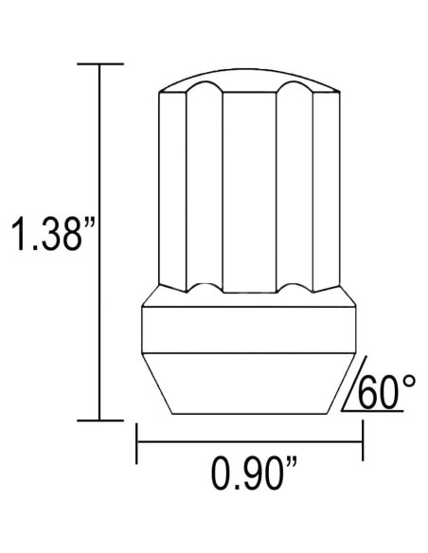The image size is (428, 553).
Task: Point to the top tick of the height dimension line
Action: [x=99, y=63]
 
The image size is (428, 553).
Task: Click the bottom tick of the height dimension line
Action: [x=99, y=419]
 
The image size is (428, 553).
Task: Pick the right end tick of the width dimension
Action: [x=363, y=440]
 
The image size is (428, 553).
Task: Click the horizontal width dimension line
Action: [x=250, y=440]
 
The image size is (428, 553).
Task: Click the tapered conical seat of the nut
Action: [x=250, y=384]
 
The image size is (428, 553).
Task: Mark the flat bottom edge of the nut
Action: [x=250, y=414]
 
